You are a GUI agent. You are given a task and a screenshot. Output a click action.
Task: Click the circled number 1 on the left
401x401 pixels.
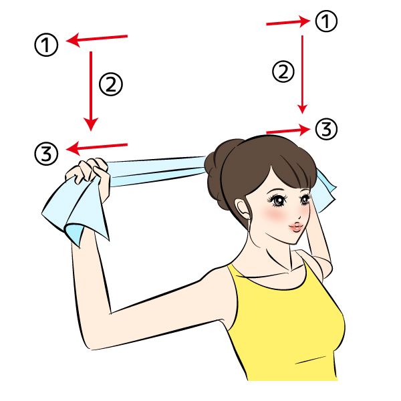[46, 45]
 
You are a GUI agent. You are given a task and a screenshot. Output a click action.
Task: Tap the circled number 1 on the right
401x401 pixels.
[326, 21]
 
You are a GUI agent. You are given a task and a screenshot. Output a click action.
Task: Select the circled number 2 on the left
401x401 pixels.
[111, 84]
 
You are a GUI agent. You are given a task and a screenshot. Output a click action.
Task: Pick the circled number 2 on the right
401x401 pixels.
[283, 72]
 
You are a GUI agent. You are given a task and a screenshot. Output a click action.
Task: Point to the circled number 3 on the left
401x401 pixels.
[46, 154]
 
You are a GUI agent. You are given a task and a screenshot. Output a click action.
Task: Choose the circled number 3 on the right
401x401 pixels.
[326, 129]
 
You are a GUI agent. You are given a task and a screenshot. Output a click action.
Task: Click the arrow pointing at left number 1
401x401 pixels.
[97, 39]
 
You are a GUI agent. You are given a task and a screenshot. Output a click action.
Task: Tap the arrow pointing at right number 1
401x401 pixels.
[288, 22]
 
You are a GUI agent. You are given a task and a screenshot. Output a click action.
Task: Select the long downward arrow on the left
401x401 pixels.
[91, 92]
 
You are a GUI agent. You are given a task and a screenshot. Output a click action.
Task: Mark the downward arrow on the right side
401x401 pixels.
[302, 74]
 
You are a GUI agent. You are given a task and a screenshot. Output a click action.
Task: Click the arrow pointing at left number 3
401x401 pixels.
[97, 148]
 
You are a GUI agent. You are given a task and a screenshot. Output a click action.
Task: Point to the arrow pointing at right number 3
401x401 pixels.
[288, 130]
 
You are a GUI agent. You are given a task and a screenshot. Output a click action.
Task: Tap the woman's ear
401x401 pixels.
[243, 209]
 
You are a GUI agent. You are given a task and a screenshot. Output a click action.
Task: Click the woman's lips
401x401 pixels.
[297, 227]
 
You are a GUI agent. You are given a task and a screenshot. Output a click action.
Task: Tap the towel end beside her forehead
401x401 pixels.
[325, 190]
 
